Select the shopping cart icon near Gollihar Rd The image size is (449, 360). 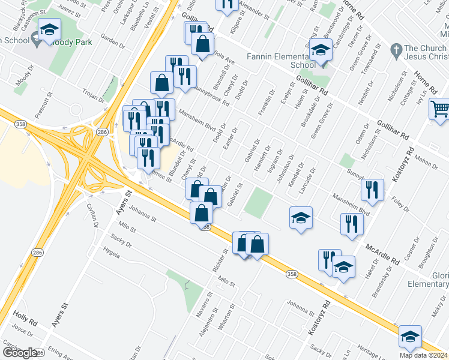[x=440, y=109]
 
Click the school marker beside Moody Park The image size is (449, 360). [x=50, y=29]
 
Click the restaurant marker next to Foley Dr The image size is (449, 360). [x=373, y=190]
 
